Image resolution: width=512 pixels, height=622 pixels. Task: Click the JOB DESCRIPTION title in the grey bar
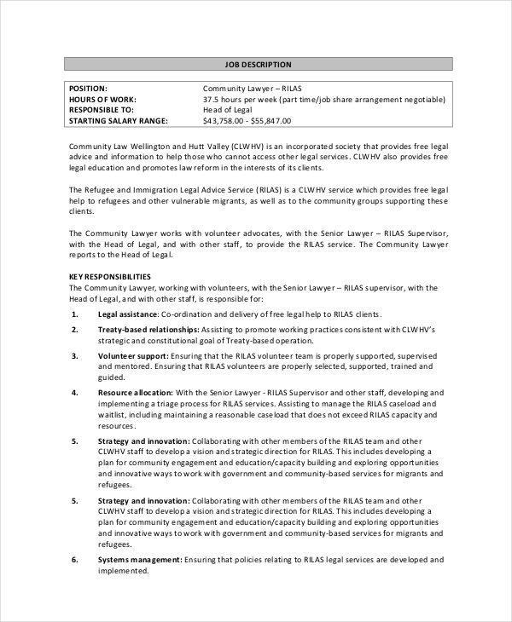258,64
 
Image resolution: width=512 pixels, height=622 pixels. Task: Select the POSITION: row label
88,89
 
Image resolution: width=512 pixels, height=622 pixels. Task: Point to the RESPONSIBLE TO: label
101,110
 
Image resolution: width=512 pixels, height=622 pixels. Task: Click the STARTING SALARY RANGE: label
118,121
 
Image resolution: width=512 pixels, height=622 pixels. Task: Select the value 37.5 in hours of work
212,99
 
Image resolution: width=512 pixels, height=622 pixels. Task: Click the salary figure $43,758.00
228,121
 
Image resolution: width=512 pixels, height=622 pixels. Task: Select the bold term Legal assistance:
127,314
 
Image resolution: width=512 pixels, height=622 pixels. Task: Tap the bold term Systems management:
140,560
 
